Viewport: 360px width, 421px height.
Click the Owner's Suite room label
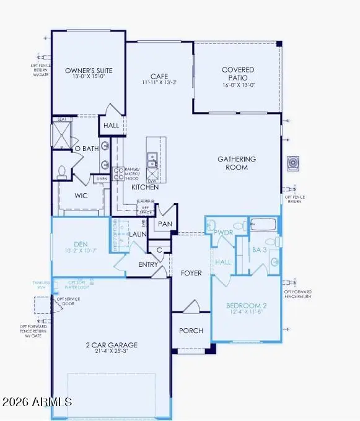88,71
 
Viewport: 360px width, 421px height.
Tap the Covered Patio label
238,70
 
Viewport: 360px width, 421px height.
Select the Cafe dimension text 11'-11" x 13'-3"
159,81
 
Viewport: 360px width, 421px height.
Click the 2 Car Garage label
112,345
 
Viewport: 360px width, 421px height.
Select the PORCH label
191,331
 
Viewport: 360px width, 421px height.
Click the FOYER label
191,273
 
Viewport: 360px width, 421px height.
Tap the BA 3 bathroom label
260,250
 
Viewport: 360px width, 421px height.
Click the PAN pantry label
164,223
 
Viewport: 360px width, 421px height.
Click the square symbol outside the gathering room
293,163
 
